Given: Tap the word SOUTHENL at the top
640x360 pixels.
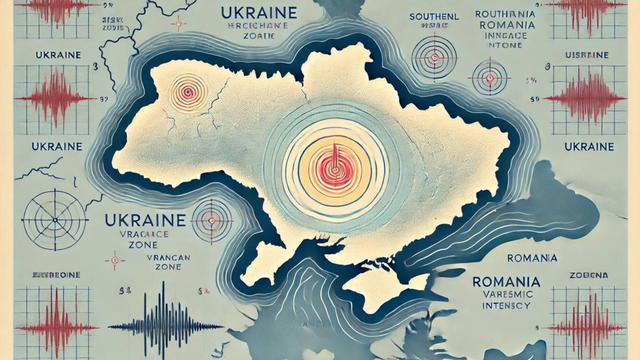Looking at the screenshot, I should pyautogui.click(x=434, y=17).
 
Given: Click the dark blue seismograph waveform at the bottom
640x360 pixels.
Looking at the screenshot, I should pyautogui.click(x=166, y=326).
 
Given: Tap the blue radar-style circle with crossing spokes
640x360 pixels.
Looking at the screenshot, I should pyautogui.click(x=55, y=220).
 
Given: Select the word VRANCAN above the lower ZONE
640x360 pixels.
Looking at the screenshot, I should pyautogui.click(x=169, y=257).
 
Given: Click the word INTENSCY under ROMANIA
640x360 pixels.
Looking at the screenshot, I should pyautogui.click(x=506, y=306).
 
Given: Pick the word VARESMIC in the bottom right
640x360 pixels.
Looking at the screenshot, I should pyautogui.click(x=507, y=294).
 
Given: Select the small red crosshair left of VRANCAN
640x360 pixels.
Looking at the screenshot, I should pyautogui.click(x=115, y=261).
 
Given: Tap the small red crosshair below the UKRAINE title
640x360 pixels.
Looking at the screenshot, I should pyautogui.click(x=178, y=24).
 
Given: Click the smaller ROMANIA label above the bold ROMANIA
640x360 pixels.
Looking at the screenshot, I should pyautogui.click(x=532, y=258).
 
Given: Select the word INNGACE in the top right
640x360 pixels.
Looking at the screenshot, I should pyautogui.click(x=506, y=35).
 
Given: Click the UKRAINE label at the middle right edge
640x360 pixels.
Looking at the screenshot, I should pyautogui.click(x=589, y=147).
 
